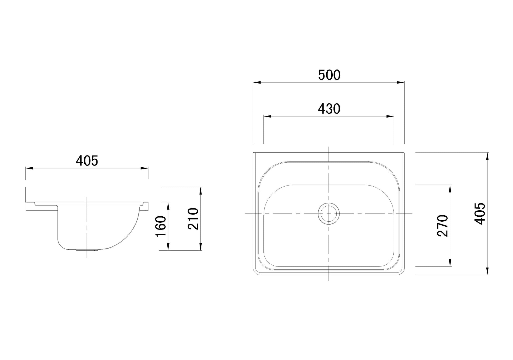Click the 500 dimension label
coord(329,75)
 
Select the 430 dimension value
coord(329,109)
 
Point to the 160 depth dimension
coord(161,226)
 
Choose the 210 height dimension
coord(193,219)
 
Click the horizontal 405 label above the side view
coord(87,161)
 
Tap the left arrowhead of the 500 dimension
coord(257,82)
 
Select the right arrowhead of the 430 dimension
coord(390,116)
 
